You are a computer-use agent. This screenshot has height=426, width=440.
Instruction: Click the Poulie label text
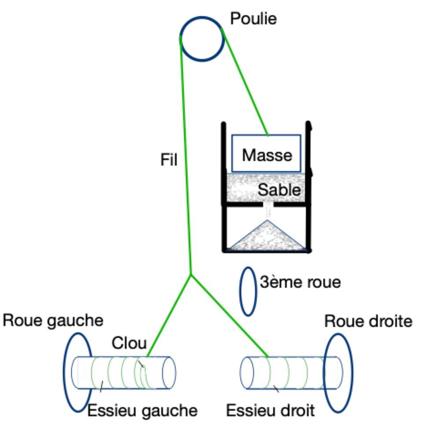pyautogui.click(x=253, y=19)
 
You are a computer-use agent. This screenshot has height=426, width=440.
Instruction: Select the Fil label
pyautogui.click(x=169, y=159)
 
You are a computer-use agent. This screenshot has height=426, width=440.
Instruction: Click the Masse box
pyautogui.click(x=266, y=153)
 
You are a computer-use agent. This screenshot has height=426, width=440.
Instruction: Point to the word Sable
pyautogui.click(x=279, y=190)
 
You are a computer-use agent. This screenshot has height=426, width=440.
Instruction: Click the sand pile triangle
pyautogui.click(x=267, y=236)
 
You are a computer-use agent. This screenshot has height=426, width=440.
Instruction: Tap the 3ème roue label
pyautogui.click(x=300, y=282)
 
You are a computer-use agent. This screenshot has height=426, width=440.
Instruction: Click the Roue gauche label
pyautogui.click(x=53, y=321)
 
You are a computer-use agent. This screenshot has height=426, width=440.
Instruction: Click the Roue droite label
pyautogui.click(x=368, y=321)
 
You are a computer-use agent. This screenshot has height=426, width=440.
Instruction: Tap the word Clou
pyautogui.click(x=129, y=343)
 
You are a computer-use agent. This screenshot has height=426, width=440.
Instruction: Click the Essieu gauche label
pyautogui.click(x=143, y=411)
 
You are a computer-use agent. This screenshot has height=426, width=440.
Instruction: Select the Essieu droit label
pyautogui.click(x=270, y=411)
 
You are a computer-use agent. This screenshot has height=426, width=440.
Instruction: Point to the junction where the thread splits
pyautogui.click(x=191, y=274)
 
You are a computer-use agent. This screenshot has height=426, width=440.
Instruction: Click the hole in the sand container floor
pyautogui.click(x=268, y=204)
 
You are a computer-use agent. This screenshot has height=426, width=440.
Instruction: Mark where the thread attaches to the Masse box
pyautogui.click(x=268, y=135)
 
